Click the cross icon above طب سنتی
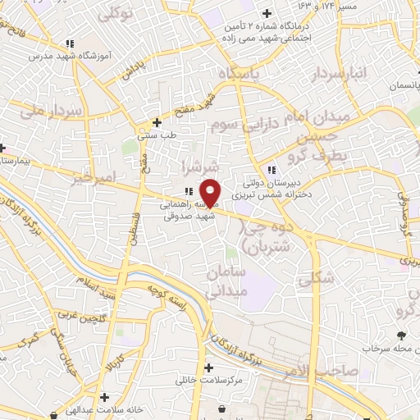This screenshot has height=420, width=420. [157, 122]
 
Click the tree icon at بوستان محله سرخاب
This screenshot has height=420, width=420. [400, 335]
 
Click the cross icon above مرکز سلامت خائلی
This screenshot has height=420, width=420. [208, 367]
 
